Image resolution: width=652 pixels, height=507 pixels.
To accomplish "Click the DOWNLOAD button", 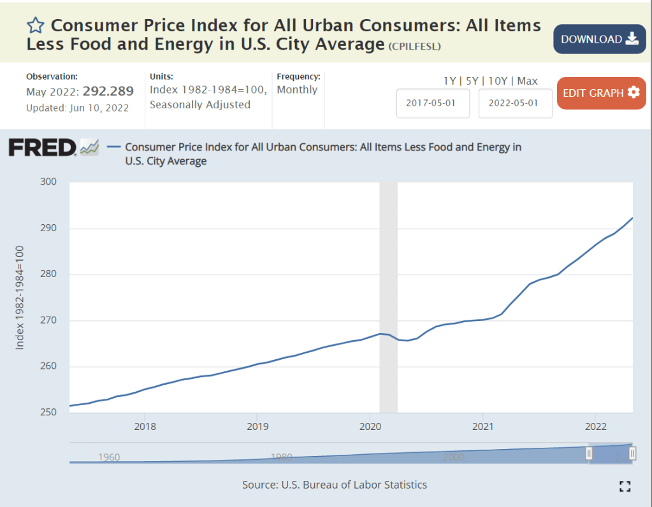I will click(599, 39).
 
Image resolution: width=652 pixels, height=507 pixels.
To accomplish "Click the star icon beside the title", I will click(36, 25).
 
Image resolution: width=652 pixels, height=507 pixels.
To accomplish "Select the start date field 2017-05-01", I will click(433, 103).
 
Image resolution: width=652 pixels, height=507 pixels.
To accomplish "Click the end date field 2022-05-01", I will click(515, 103).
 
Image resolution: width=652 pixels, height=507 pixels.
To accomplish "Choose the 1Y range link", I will click(450, 81).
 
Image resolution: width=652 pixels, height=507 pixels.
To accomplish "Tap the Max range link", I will click(528, 81).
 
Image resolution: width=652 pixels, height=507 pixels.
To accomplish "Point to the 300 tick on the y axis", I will click(49, 182).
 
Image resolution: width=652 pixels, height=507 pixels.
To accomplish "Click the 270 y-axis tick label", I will click(49, 320).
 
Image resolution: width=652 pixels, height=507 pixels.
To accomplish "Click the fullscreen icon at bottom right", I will click(625, 487).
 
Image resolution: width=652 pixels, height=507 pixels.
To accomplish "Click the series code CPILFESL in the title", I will click(414, 46).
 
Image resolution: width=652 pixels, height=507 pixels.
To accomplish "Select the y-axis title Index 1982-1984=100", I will click(20, 297).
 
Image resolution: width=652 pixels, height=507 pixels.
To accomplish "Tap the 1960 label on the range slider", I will click(110, 457).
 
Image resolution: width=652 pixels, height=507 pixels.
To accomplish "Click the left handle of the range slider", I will click(589, 453).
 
